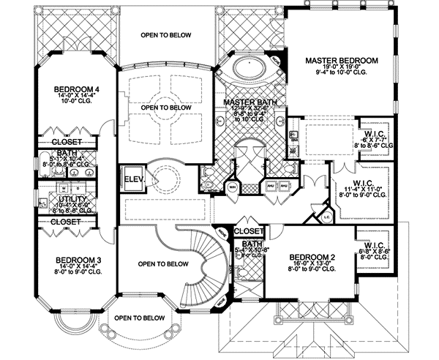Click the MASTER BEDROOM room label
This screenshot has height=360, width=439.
342,59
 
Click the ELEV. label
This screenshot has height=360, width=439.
132,178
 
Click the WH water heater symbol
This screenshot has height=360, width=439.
233,186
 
